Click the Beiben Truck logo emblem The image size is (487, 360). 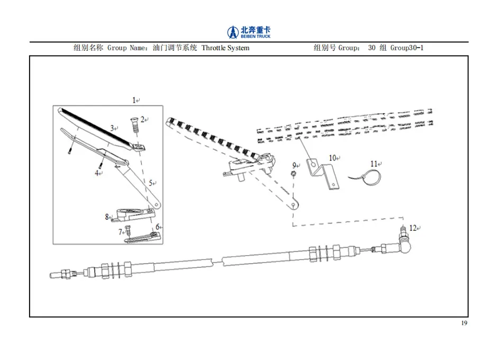pos(232,32)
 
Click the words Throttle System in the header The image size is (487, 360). pos(226,48)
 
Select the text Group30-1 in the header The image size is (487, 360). pos(407,48)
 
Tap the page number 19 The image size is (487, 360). pos(464,323)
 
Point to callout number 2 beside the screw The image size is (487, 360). pos(142,119)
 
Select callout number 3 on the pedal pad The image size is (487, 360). pos(112,128)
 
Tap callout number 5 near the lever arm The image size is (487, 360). pos(151,183)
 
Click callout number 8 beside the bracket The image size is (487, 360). pos(107,217)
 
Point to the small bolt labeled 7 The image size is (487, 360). pos(128,230)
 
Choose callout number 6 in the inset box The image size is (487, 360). pos(157,227)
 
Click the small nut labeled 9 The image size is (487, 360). pos(293,173)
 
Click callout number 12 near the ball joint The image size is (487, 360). pos(413,228)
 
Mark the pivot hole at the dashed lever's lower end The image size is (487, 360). pos(294,205)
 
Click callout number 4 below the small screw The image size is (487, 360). pos(97,173)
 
